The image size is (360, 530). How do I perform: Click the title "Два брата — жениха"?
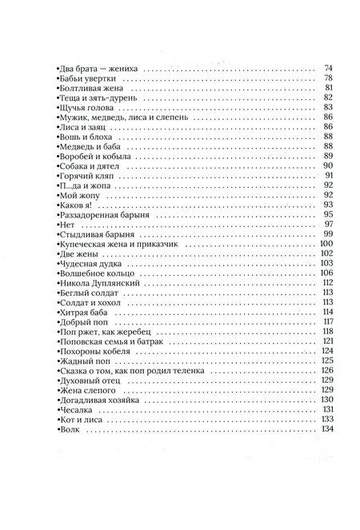click(94, 69)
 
